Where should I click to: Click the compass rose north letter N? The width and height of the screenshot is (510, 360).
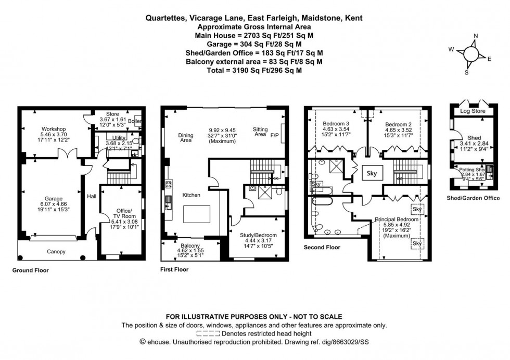475,36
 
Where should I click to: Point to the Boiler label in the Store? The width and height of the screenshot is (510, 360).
138,121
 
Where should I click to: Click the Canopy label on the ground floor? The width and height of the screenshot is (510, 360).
56,252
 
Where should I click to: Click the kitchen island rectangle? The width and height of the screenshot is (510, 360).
196,214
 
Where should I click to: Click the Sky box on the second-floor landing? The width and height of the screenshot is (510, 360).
372,173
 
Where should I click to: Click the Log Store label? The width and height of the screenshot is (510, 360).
471,111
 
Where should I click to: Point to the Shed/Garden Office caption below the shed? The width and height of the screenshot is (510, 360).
473,198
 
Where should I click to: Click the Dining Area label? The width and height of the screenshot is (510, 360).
185,138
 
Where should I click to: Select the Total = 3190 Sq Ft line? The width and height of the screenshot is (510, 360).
254,69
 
